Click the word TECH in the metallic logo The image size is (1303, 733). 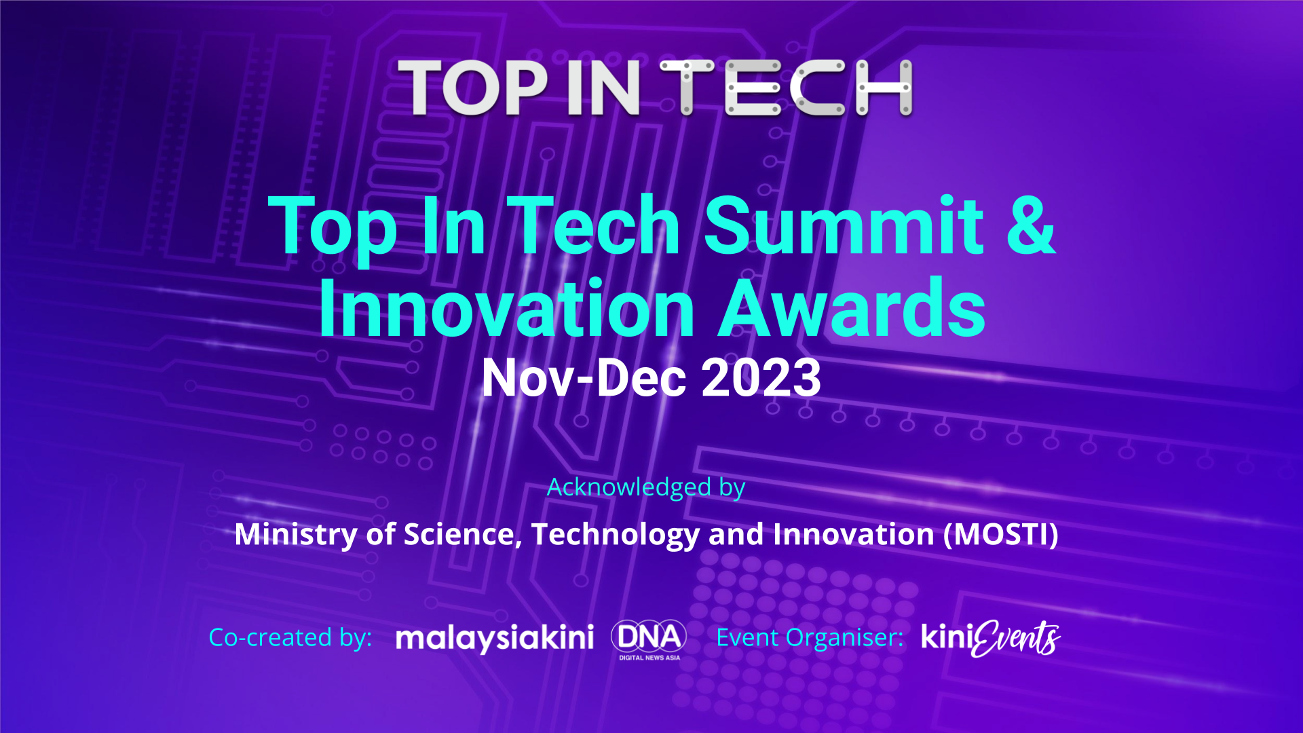pos(786,88)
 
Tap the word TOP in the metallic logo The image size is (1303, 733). pos(472,88)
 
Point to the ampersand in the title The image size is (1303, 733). pos(1031,225)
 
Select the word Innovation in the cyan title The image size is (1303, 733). pos(506,308)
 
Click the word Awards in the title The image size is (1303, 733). pos(852,308)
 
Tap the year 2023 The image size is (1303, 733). pos(761,377)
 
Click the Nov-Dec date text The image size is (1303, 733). pos(584,377)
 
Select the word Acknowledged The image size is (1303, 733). pos(629,487)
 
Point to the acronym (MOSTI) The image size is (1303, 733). pos(1001,534)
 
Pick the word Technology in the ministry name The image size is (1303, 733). pos(616,535)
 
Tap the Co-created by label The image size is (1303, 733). pos(290,637)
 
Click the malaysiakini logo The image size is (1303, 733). pos(495,638)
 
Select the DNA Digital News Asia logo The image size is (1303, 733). pos(649,639)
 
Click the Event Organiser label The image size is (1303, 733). pos(810,637)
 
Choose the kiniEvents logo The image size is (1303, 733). pos(991,638)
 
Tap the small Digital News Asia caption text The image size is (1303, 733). pos(649,658)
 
